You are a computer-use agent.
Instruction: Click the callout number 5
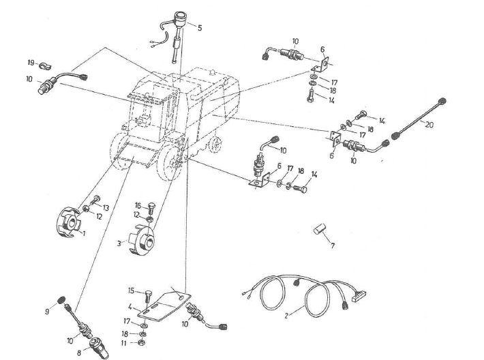[199, 28]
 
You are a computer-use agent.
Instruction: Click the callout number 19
[31, 63]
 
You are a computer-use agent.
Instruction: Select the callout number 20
[428, 125]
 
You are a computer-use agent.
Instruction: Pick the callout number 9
[48, 312]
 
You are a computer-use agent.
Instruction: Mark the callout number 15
[132, 290]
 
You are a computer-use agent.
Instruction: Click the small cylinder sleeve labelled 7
[317, 229]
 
